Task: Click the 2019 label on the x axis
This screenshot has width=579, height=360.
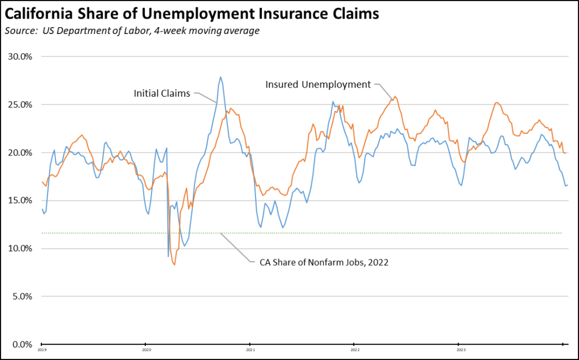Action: pyautogui.click(x=42, y=350)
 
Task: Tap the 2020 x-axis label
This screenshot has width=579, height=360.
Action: pyautogui.click(x=146, y=350)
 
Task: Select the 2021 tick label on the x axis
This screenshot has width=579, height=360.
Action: pyautogui.click(x=250, y=350)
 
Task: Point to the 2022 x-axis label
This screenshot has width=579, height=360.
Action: pyautogui.click(x=354, y=350)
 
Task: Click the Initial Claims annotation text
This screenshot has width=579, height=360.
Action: pyautogui.click(x=162, y=93)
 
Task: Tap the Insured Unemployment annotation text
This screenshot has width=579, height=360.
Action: pyautogui.click(x=318, y=84)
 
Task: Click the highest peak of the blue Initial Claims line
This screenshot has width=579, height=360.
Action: pyautogui.click(x=220, y=77)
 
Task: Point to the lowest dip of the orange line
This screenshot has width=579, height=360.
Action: pyautogui.click(x=174, y=264)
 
